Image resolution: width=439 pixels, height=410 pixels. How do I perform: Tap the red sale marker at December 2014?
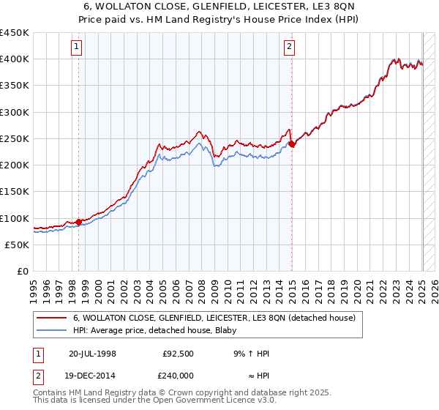click(292, 144)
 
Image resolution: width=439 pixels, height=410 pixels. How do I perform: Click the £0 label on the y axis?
click(22, 272)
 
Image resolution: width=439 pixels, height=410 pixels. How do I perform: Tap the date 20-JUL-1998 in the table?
click(92, 354)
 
